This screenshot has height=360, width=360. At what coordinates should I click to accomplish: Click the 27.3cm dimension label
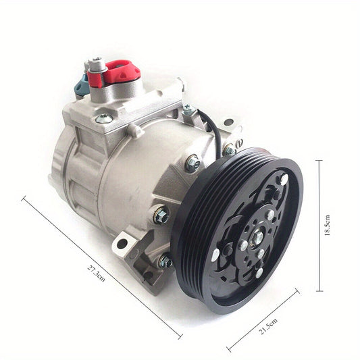click(96, 274)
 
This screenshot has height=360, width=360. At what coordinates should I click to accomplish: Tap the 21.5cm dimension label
click(268, 326)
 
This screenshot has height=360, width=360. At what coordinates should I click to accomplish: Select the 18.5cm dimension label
click(327, 226)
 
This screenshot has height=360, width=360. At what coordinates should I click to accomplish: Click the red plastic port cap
click(114, 73)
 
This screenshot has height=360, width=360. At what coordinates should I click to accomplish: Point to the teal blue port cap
click(82, 86)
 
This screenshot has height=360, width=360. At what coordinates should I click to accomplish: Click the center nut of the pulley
click(258, 236)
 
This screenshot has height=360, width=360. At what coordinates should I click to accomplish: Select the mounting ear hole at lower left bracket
click(122, 243)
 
